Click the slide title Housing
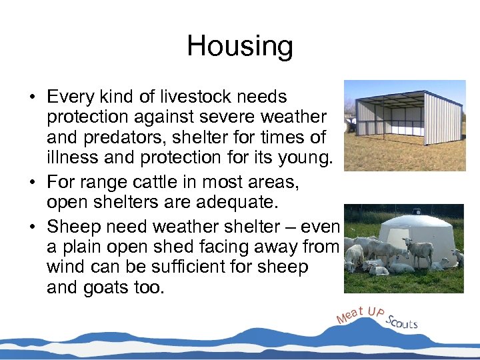point(239,46)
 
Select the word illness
point(69,159)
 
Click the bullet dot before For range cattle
point(31,181)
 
